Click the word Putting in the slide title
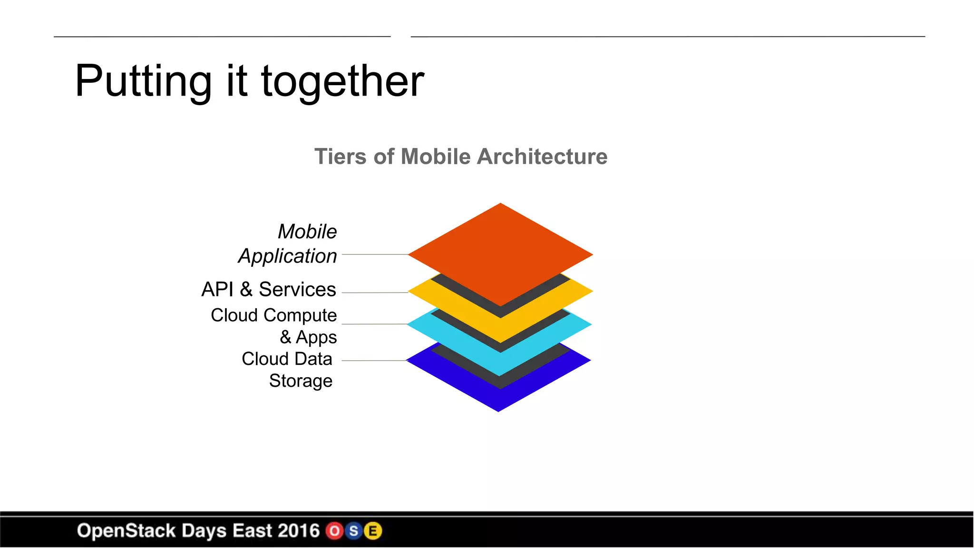tap(143, 82)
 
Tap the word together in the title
tap(342, 82)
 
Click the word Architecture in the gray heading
tap(542, 157)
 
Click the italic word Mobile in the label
tap(307, 232)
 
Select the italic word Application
tap(287, 256)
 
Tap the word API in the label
tap(217, 289)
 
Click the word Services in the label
tap(297, 289)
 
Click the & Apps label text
tap(308, 337)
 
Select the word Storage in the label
tap(301, 381)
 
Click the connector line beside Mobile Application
tap(375, 254)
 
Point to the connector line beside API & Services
tap(375, 293)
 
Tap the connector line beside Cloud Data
tap(374, 361)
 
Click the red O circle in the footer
tap(335, 531)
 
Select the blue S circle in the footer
tap(354, 531)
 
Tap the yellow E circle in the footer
tap(373, 531)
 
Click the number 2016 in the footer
tap(298, 531)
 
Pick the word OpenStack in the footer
tap(126, 531)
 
